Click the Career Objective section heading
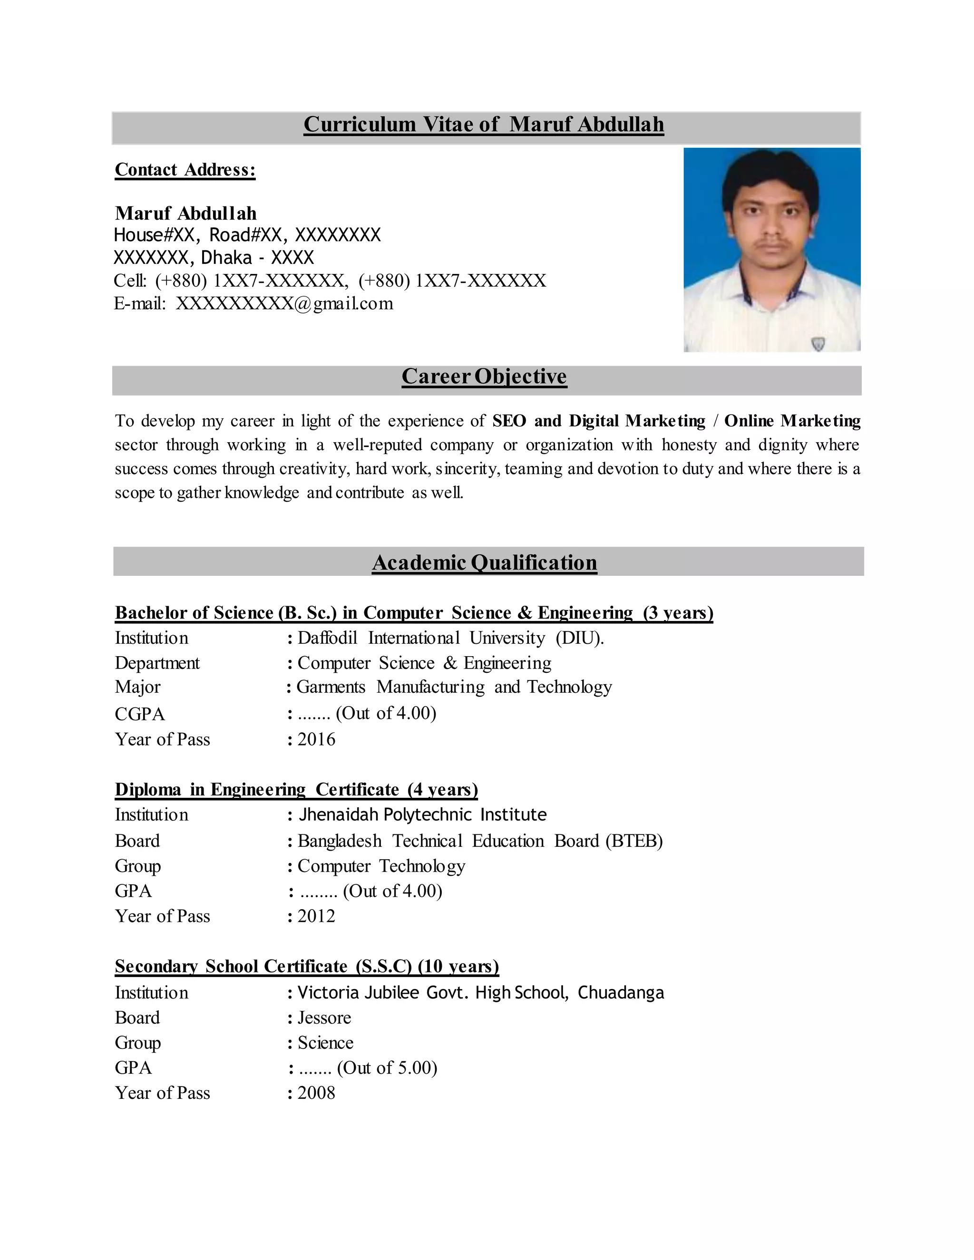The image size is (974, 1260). click(484, 376)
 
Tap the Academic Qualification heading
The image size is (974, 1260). click(484, 562)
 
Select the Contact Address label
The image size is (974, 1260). click(185, 170)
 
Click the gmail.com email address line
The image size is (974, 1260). click(254, 303)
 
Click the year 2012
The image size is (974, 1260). click(316, 916)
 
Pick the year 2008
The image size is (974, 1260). click(316, 1092)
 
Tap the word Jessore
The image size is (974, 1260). click(324, 1017)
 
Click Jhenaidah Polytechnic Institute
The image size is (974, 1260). click(422, 814)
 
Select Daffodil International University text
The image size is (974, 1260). click(450, 638)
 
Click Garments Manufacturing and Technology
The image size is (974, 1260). click(454, 687)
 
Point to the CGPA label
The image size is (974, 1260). click(140, 714)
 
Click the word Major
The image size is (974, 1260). click(137, 687)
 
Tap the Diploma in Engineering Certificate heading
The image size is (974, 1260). click(296, 789)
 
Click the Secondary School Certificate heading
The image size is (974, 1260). click(306, 966)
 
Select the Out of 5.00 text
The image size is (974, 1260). click(387, 1067)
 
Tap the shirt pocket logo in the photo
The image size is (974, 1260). click(817, 343)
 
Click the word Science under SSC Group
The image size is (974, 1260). click(325, 1043)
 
